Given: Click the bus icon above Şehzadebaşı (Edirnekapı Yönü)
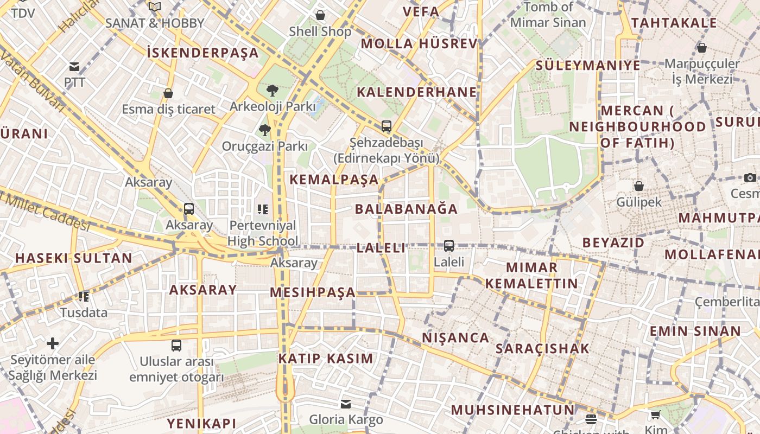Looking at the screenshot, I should coord(386,126).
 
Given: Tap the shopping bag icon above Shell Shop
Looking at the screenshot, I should coord(320,15).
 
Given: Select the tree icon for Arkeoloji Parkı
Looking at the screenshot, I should coord(273,90).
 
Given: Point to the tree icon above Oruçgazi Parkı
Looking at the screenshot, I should coord(264,130).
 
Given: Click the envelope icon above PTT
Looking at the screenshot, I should coord(74,67).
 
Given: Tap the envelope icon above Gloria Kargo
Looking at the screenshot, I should coord(346,404).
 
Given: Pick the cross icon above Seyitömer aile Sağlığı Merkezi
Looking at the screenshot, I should coord(53,343).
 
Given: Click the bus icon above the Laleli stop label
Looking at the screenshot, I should coord(449,246).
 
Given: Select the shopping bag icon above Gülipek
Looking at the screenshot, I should coord(639,186).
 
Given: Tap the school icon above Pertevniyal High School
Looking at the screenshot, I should coord(263,209).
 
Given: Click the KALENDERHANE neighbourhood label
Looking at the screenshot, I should coord(416,92).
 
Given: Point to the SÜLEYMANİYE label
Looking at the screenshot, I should coord(588,66).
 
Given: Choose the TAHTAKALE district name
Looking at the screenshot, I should coord(674,23).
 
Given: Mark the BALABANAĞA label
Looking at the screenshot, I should coord(406,209).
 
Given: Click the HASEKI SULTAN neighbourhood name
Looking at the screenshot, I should coord(74,258).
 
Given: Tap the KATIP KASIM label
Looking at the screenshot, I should coord(326,358).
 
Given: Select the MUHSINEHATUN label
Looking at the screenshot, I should coord(512,410).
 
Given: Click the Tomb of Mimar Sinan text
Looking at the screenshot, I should coord(548,15).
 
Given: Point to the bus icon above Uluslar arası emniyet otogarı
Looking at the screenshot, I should coord(176,346).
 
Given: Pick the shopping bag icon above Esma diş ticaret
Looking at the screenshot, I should coord(168,93).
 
